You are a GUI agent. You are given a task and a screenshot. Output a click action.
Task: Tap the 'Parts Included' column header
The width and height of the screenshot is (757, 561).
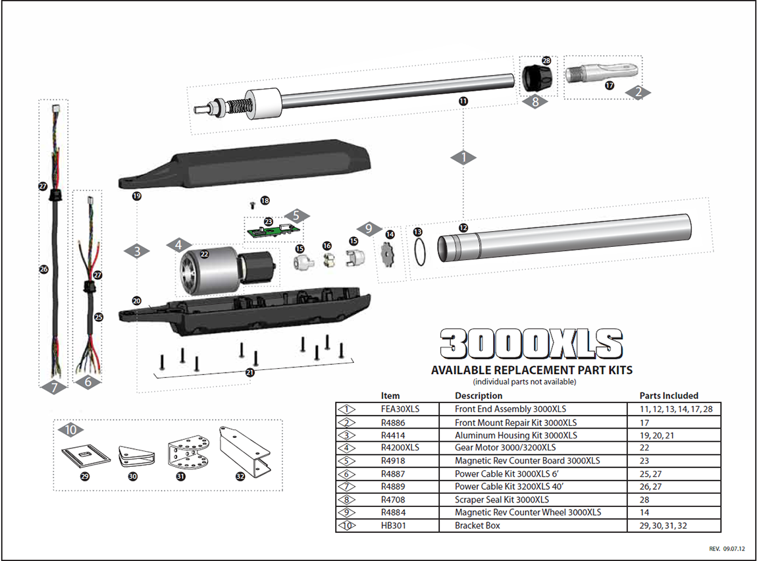point(669,396)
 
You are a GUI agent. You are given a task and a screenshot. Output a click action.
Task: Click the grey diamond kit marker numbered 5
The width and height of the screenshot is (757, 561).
point(296,215)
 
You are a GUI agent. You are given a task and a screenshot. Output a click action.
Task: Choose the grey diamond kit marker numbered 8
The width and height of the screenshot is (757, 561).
point(535,102)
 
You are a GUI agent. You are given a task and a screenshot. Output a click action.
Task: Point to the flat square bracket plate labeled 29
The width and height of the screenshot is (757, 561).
point(84,456)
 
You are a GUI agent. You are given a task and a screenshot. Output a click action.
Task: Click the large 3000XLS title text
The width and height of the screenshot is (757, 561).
point(531,344)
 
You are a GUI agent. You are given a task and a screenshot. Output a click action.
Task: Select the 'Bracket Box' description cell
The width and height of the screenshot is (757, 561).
point(477,525)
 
